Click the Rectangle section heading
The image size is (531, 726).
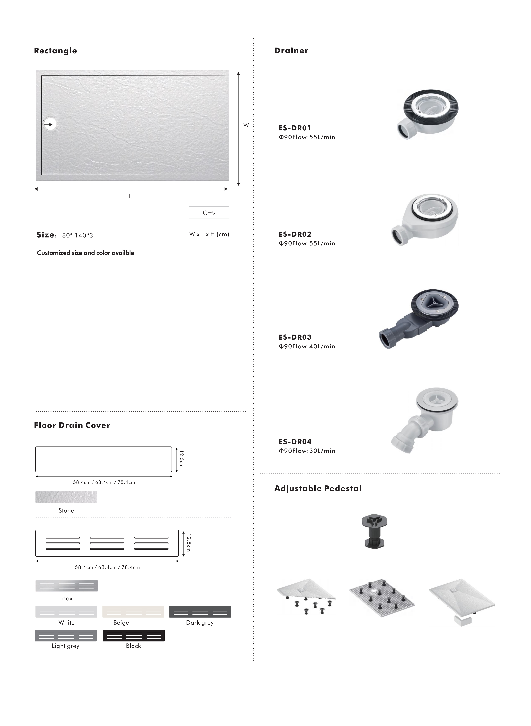pos(55,51)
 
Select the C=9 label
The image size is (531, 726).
pos(209,213)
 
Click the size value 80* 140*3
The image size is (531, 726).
pos(77,235)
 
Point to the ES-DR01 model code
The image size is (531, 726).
pos(295,128)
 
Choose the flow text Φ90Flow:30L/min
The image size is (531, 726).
pos(307,451)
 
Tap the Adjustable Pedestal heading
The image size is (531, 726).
pos(318,489)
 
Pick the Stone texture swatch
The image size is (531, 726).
pos(66,497)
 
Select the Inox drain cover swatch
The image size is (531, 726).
pos(66,586)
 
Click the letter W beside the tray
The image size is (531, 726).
pos(246,125)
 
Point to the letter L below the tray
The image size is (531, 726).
pos(130,196)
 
